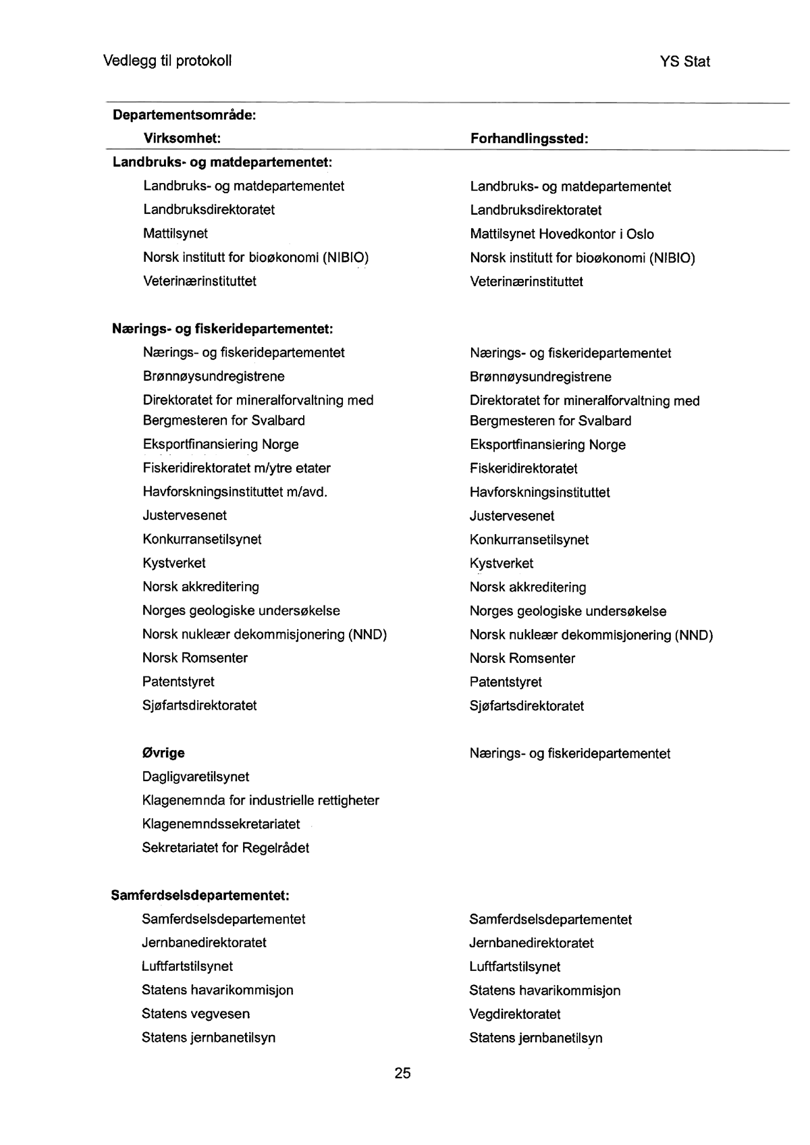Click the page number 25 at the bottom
(402, 1073)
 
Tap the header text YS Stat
(685, 61)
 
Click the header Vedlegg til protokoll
(167, 61)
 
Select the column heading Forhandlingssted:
(529, 139)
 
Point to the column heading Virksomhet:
(182, 138)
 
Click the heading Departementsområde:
(184, 115)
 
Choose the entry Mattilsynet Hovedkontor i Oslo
(562, 234)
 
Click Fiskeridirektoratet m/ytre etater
(236, 468)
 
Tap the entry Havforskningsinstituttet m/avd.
(235, 491)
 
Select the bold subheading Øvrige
(163, 753)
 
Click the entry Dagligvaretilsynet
(195, 776)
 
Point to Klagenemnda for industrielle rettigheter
(261, 800)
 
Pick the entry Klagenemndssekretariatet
(221, 824)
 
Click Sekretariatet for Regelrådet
(225, 847)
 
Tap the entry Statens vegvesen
(196, 1013)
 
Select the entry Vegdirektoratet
(515, 1014)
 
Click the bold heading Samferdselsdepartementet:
(200, 895)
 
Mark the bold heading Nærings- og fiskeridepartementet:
(223, 329)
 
